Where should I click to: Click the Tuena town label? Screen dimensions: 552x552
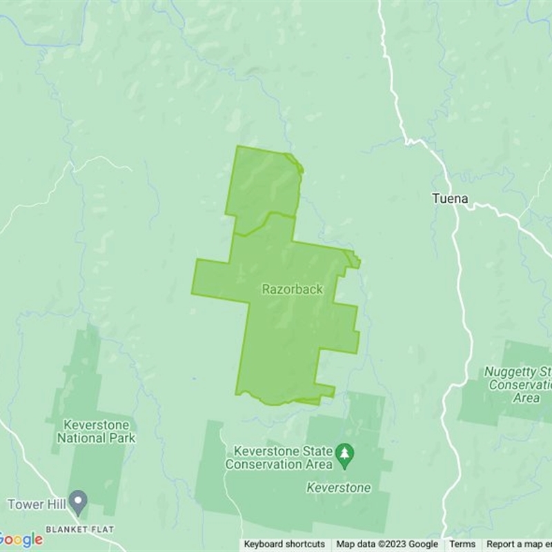(450, 199)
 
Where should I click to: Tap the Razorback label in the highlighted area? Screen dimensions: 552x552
(292, 290)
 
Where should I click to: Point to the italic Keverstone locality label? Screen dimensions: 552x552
(338, 488)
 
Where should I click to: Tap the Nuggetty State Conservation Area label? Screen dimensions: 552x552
(517, 384)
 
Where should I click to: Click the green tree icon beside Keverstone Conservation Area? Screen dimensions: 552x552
(344, 453)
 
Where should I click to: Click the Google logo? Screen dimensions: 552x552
(21, 540)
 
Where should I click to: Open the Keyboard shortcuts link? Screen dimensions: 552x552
(284, 544)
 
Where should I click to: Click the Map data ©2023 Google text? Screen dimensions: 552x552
(387, 544)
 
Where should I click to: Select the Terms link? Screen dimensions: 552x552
(462, 544)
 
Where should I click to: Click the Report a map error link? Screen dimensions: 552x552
(519, 544)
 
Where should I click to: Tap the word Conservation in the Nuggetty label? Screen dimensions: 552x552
(520, 385)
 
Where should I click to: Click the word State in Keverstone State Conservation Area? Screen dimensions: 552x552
(319, 451)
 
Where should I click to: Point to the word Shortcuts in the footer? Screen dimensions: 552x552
(305, 544)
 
